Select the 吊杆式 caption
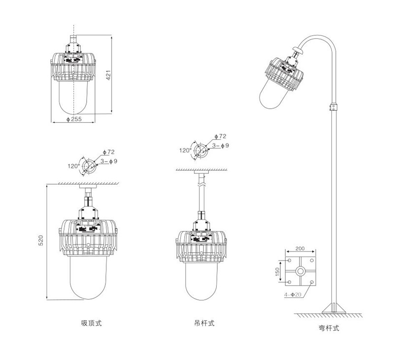click(204, 324)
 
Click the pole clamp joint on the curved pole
click(334, 106)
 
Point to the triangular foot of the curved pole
click(334, 308)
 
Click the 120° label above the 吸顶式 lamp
click(74, 166)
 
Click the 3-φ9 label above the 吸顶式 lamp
click(108, 161)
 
